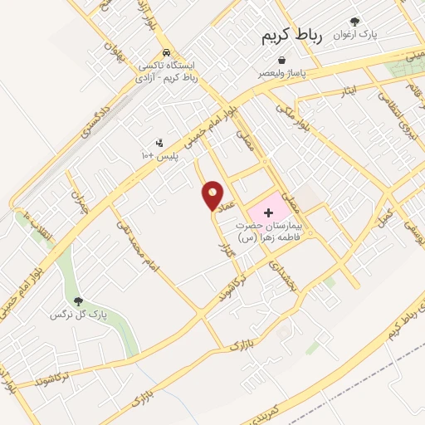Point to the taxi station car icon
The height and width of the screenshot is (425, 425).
(x=167, y=50)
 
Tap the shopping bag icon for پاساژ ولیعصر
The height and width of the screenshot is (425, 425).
(x=282, y=61)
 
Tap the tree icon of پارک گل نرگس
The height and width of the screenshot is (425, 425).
(x=79, y=302)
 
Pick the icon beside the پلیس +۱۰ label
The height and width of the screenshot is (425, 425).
(x=159, y=143)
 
